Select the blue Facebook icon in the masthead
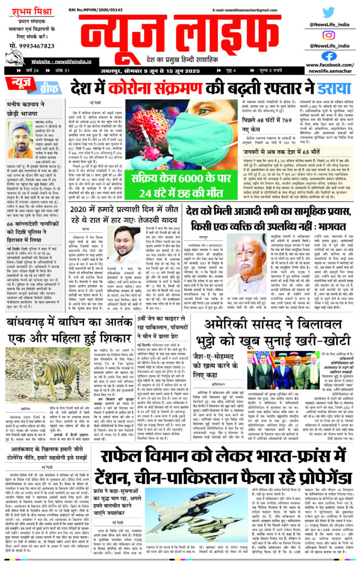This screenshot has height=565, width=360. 329,56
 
